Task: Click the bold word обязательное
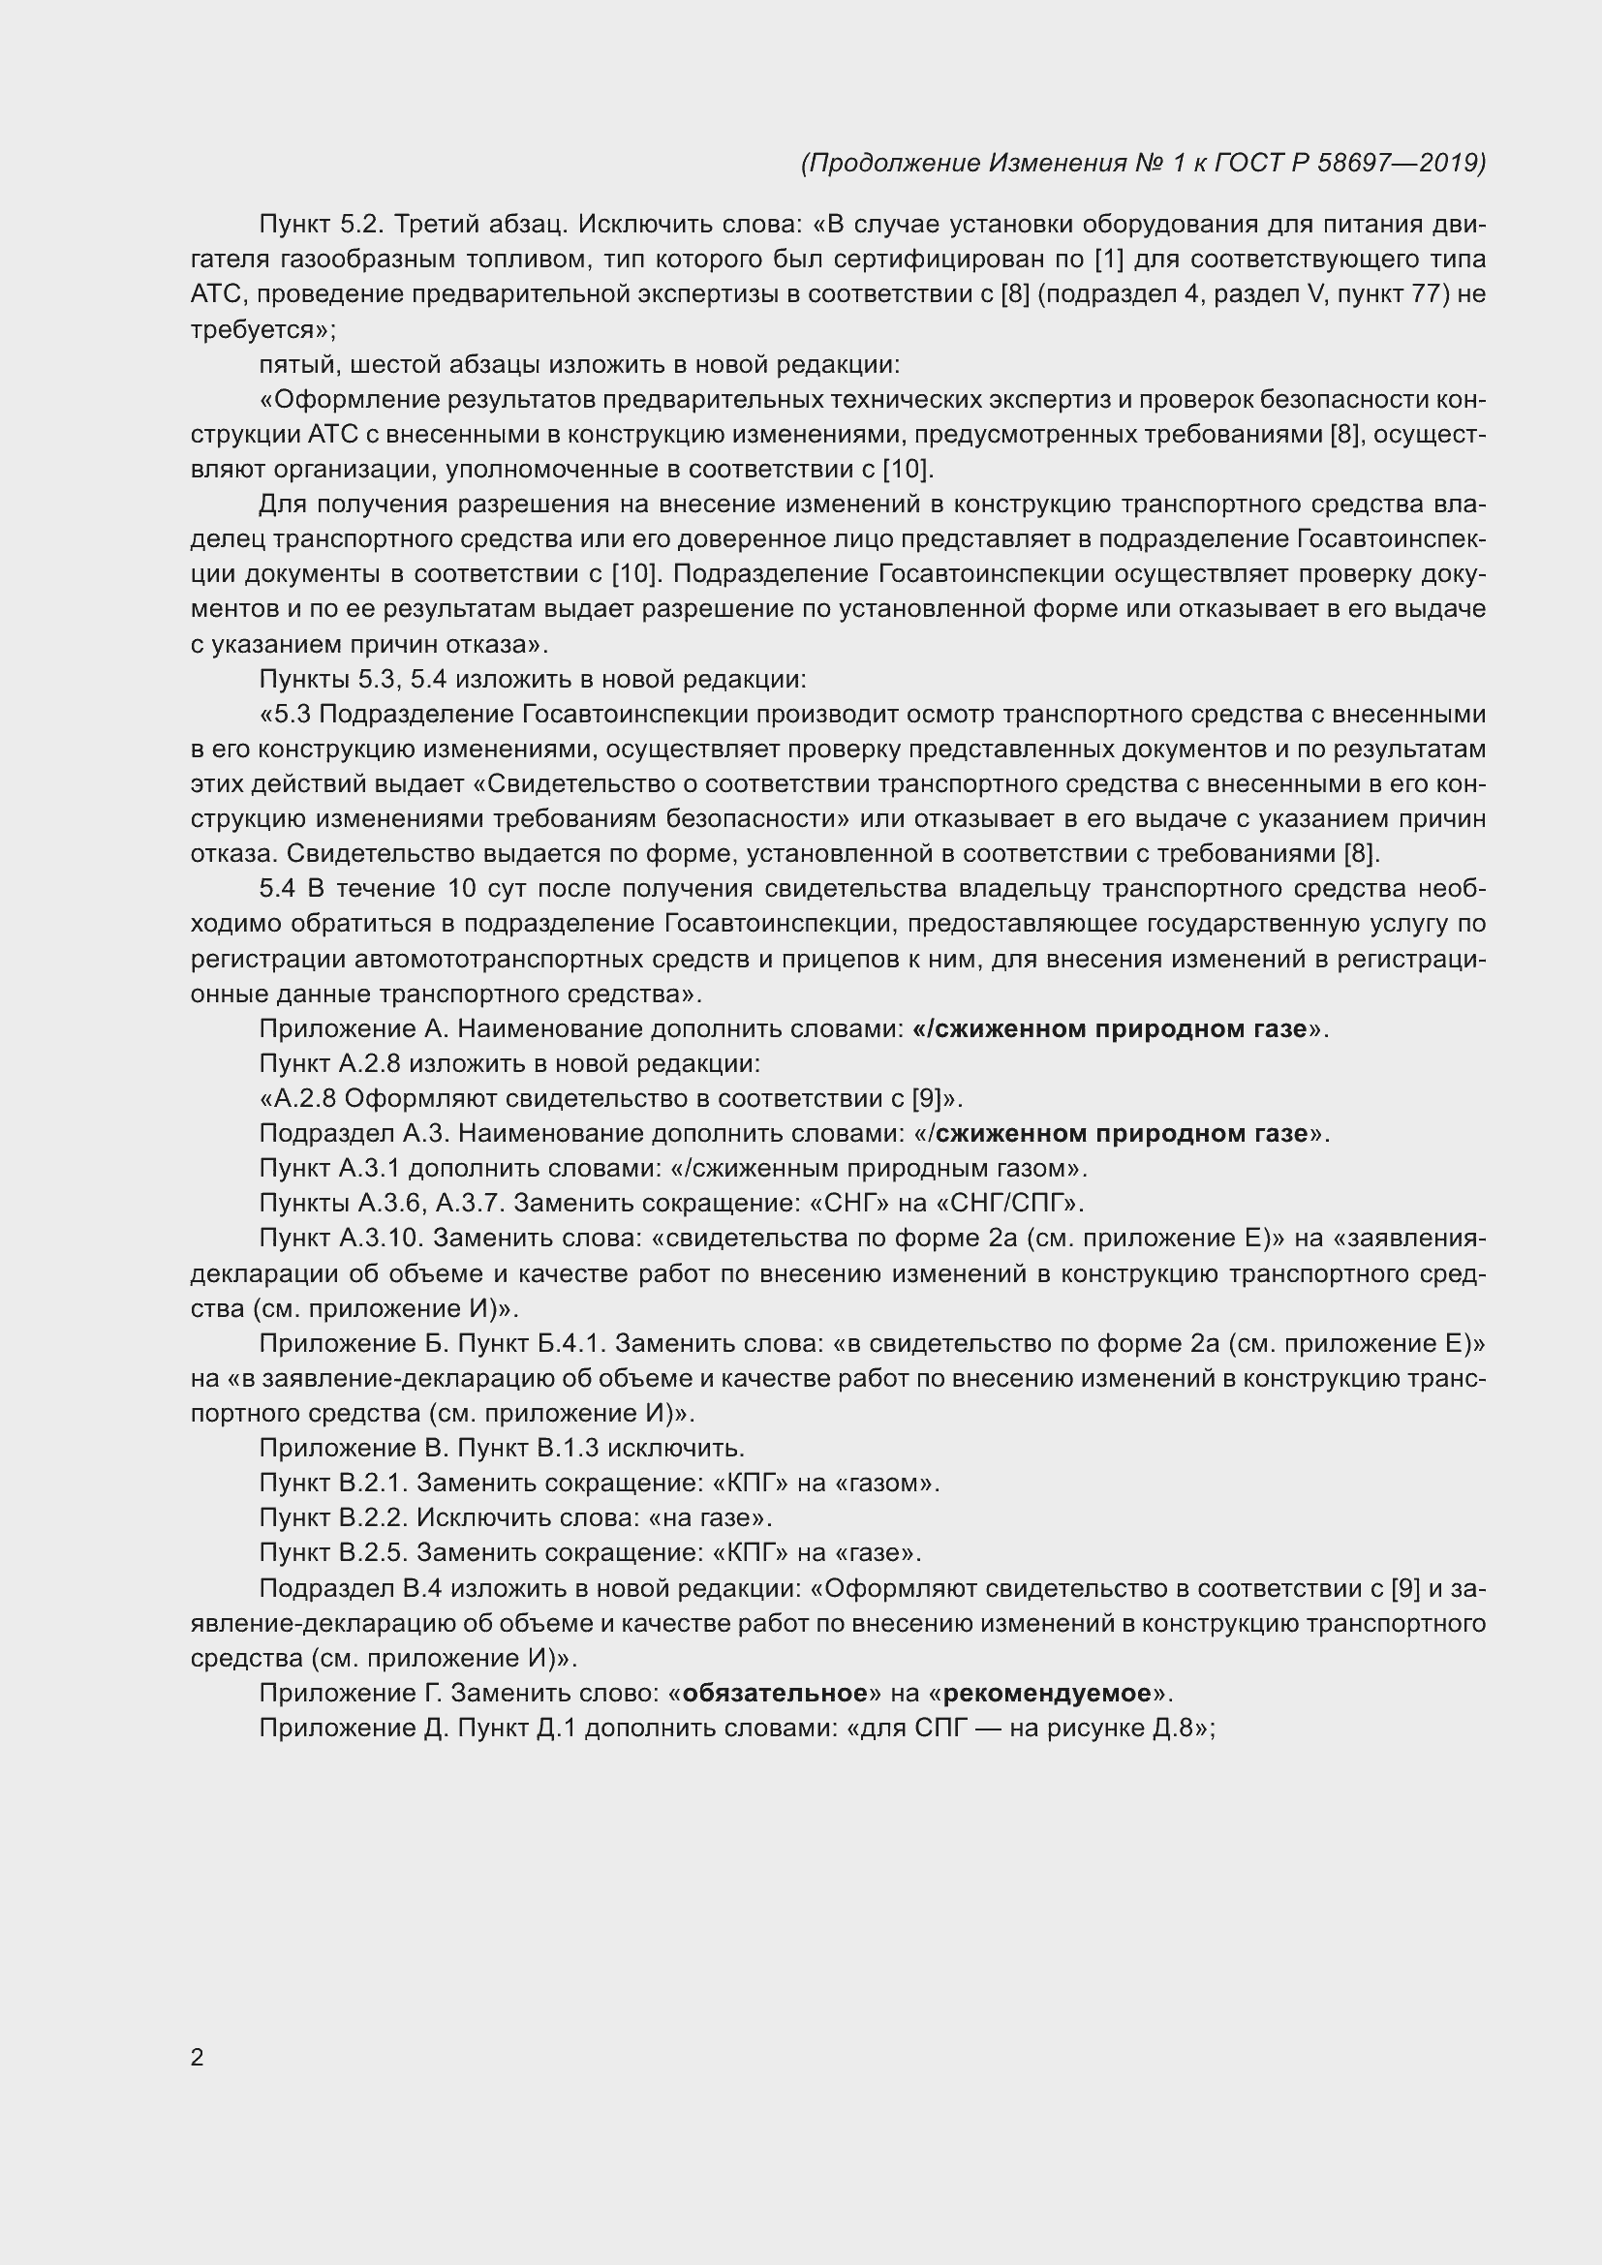tap(775, 1694)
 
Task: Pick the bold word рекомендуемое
tap(1047, 1694)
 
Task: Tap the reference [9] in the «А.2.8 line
tap(925, 1099)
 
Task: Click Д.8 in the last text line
tap(1173, 1729)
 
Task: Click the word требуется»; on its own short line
tap(263, 330)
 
